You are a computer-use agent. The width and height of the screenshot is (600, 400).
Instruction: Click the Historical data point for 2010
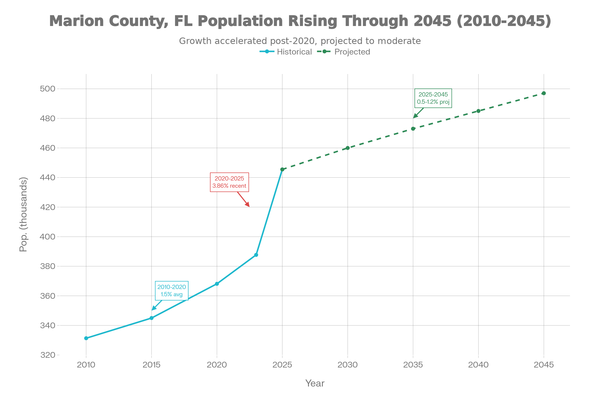coord(86,338)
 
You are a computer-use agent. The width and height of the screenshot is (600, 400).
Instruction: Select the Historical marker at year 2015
coord(151,318)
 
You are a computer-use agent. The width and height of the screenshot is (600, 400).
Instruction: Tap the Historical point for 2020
coord(217,284)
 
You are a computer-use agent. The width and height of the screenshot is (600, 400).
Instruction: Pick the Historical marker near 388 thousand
coord(256,255)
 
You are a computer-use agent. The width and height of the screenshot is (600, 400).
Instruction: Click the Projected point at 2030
coord(348,148)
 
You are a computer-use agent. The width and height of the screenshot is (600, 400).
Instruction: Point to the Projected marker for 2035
coord(413,129)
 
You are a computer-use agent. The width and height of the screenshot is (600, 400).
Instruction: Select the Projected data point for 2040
coord(478,111)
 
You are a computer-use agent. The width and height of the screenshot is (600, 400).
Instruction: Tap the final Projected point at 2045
coord(543,93)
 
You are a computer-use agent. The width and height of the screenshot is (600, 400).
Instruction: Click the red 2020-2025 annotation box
coord(229,182)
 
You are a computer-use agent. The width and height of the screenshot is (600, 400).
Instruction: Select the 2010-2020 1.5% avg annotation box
coord(172,290)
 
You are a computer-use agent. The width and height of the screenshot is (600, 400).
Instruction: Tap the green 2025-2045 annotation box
coord(433,98)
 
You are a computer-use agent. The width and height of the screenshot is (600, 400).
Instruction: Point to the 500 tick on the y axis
coord(48,89)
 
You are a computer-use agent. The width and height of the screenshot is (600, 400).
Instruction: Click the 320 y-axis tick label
coord(48,355)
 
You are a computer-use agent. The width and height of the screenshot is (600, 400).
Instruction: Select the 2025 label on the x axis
coord(282,365)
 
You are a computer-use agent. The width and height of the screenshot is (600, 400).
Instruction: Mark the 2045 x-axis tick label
coord(543,365)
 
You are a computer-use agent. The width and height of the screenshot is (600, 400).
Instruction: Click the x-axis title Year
coord(315,383)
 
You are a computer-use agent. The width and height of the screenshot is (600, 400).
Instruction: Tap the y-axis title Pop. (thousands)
coord(23,214)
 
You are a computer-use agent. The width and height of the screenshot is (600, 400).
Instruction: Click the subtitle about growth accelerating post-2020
coord(300,41)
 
